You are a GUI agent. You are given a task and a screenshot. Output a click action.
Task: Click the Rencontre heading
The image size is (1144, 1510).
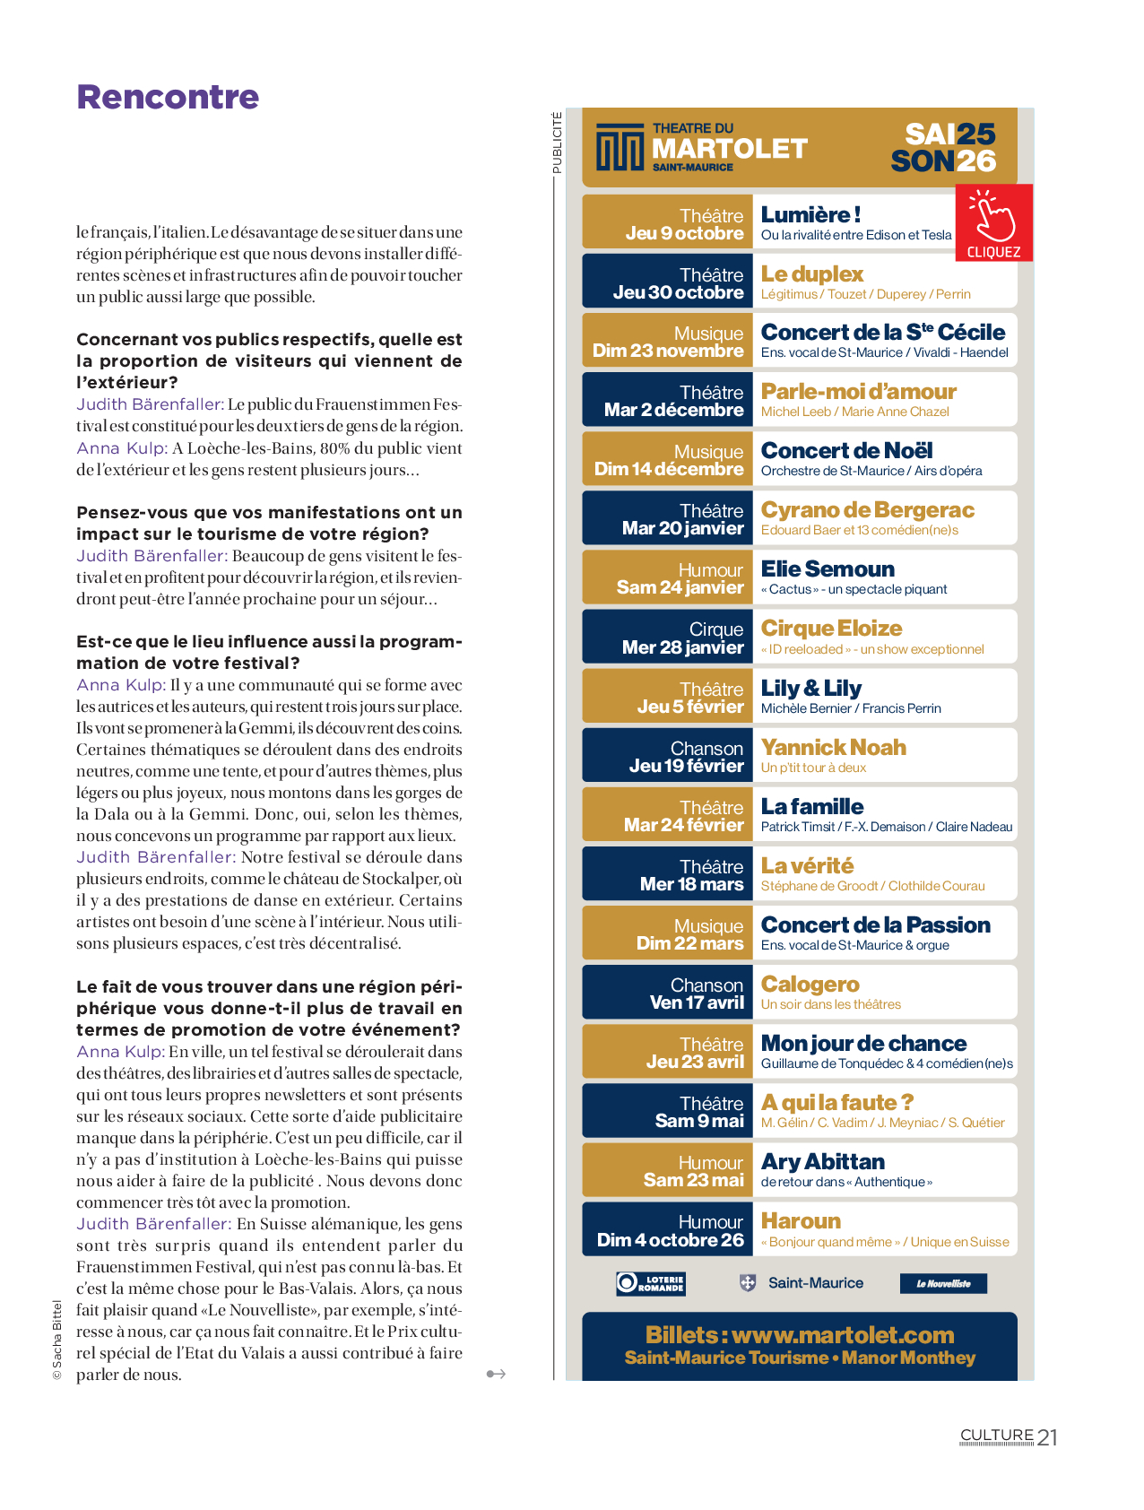[x=168, y=97]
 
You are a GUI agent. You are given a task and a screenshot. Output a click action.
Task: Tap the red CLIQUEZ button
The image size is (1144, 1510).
[x=993, y=223]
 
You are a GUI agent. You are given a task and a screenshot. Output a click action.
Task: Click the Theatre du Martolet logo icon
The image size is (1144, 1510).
[x=620, y=148]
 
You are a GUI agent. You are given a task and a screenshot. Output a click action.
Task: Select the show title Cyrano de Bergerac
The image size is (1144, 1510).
[x=867, y=510]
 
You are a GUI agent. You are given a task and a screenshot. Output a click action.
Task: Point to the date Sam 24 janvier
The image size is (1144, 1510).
[x=680, y=588]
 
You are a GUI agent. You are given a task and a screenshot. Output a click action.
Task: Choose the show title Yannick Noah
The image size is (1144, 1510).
[x=833, y=747]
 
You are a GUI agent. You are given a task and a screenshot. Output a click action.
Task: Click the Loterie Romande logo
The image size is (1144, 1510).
[x=651, y=1283]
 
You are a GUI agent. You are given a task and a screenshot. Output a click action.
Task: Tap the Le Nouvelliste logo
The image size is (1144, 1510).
[x=942, y=1283]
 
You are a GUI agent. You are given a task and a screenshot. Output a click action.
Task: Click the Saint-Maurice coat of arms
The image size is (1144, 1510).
[x=748, y=1283]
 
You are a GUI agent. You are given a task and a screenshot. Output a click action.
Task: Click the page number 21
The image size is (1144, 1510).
[x=1047, y=1437]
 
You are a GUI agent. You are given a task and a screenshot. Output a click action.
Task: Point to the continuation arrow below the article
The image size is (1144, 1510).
[x=496, y=1374]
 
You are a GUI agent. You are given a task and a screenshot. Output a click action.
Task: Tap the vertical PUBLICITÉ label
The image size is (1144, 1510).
[x=557, y=143]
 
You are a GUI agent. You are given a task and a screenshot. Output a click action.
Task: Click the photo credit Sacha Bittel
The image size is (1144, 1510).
[x=57, y=1341]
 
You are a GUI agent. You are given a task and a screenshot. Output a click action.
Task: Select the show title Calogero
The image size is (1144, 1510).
[x=810, y=985]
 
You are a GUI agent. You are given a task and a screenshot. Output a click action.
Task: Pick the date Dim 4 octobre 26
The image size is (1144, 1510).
[x=670, y=1240]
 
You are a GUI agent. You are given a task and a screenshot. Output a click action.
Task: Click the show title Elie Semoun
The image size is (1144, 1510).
[x=828, y=569]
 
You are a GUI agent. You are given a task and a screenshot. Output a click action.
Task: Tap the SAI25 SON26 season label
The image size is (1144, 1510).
[x=949, y=147]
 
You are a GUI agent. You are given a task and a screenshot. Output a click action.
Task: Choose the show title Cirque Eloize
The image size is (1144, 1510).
[x=831, y=629]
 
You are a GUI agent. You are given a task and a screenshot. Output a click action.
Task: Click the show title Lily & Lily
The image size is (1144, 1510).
[x=811, y=688]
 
